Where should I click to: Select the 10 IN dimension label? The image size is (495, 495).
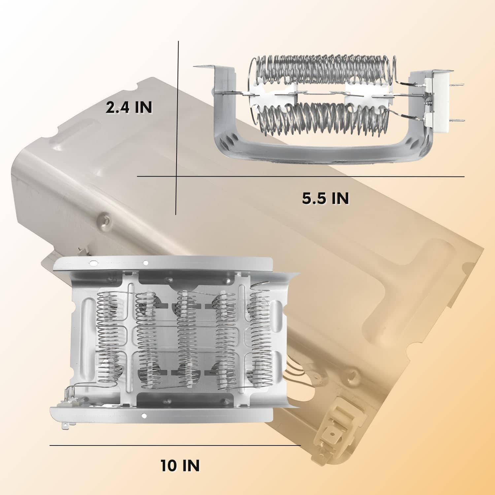coord(180,466)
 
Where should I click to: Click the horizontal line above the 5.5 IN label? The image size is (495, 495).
coord(301,177)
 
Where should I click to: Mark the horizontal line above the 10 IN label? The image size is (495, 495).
coord(175,445)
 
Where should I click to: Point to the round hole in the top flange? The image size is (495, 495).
coord(145,263)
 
